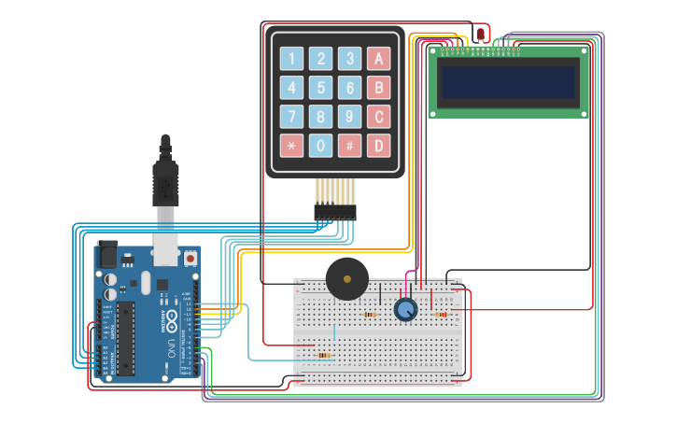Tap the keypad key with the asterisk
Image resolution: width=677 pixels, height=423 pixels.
tap(292, 146)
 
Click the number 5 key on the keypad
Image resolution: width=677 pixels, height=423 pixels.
tap(321, 89)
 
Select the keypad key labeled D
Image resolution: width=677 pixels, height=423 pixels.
tap(378, 146)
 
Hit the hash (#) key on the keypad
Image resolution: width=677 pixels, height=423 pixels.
tap(349, 146)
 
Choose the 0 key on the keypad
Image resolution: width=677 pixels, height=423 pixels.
tap(321, 146)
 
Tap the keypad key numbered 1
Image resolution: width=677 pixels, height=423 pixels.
tap(292, 60)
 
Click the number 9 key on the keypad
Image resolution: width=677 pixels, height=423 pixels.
tap(349, 117)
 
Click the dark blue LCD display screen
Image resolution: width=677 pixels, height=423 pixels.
tap(509, 83)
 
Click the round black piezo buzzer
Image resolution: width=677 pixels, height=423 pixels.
tap(346, 279)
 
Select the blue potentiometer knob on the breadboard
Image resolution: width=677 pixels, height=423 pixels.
tap(405, 309)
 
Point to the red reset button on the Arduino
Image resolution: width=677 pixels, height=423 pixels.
tap(190, 257)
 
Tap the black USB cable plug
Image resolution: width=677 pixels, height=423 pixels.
tap(165, 182)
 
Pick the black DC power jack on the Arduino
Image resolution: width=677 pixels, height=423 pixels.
tap(107, 254)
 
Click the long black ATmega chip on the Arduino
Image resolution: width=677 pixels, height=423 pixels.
tap(125, 338)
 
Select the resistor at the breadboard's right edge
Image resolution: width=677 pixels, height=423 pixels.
tap(441, 315)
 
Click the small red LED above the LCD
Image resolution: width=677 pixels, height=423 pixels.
tap(480, 34)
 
